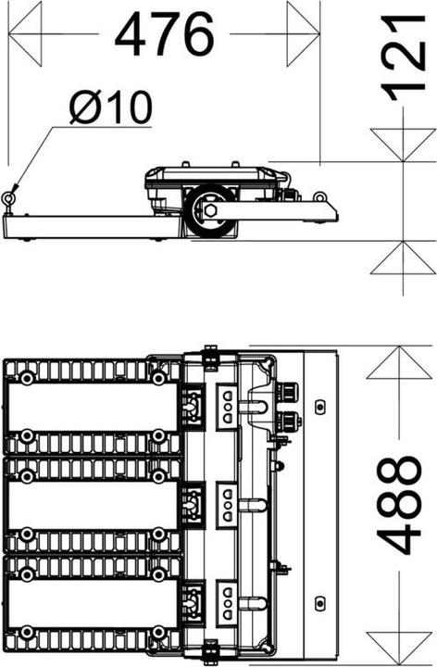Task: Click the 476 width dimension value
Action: point(164,36)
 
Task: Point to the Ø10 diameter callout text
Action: point(110,109)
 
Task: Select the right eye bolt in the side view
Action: point(320,196)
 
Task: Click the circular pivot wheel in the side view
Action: point(209,211)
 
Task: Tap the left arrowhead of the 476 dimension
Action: point(26,34)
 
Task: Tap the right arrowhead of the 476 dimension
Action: point(302,34)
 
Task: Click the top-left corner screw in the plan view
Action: point(28,377)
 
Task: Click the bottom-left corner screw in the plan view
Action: point(28,634)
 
